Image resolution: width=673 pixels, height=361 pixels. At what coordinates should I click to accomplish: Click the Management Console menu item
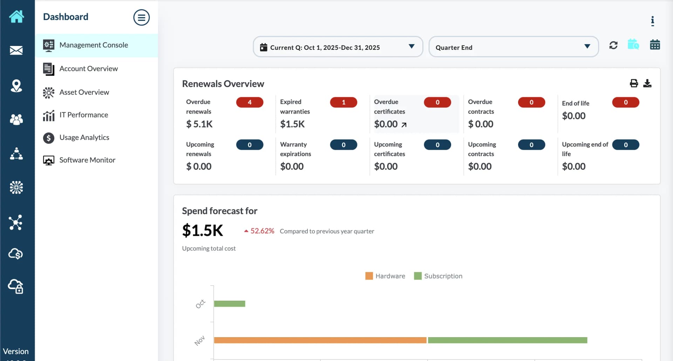93,45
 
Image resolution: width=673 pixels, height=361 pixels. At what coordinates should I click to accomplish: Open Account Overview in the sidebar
88,69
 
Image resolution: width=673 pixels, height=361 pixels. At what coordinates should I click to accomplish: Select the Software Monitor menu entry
87,160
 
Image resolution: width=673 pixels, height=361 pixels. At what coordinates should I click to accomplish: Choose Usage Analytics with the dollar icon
84,138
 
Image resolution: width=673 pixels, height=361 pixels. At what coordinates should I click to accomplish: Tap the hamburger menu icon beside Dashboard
141,18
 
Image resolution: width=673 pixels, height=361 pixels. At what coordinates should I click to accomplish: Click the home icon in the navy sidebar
16,16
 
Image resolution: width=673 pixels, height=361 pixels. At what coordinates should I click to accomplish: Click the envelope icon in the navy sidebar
16,51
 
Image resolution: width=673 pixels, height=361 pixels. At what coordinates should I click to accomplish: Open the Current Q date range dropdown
338,47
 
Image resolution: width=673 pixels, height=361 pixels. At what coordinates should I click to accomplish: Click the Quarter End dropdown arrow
587,47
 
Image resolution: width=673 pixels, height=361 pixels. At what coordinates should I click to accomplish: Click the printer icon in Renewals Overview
634,83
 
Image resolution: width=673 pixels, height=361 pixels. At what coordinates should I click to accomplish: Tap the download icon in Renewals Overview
647,83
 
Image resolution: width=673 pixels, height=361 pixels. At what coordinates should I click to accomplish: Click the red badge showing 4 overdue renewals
250,102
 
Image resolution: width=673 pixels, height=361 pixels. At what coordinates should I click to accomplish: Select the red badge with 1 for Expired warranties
344,102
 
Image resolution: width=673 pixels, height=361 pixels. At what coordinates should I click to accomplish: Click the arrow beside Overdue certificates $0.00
404,125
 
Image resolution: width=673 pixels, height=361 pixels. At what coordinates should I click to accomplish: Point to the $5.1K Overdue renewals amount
199,124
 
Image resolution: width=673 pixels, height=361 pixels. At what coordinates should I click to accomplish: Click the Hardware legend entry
385,276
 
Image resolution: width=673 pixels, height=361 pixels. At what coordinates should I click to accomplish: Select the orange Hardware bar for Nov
320,340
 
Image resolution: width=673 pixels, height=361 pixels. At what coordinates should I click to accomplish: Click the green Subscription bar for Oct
229,304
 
